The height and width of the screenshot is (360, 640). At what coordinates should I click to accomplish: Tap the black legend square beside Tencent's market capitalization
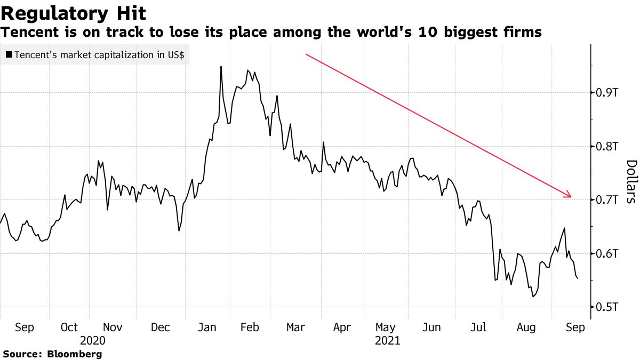(x=9, y=55)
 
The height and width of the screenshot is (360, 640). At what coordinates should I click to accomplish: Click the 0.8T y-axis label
(x=606, y=146)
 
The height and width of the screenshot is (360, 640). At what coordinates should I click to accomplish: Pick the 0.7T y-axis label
(x=606, y=200)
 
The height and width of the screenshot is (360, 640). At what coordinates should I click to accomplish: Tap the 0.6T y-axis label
(x=606, y=253)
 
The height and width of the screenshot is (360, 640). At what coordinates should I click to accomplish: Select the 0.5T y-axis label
(x=606, y=307)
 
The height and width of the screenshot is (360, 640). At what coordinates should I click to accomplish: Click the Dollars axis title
(x=630, y=181)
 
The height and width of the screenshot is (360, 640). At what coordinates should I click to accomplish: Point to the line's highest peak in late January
(x=221, y=67)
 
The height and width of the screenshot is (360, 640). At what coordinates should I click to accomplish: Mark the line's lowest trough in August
(x=533, y=297)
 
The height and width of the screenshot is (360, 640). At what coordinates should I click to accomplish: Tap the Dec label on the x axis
(x=161, y=327)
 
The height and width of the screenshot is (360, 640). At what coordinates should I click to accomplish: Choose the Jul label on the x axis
(x=479, y=327)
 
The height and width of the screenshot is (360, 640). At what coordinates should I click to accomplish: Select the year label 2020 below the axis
(x=92, y=340)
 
